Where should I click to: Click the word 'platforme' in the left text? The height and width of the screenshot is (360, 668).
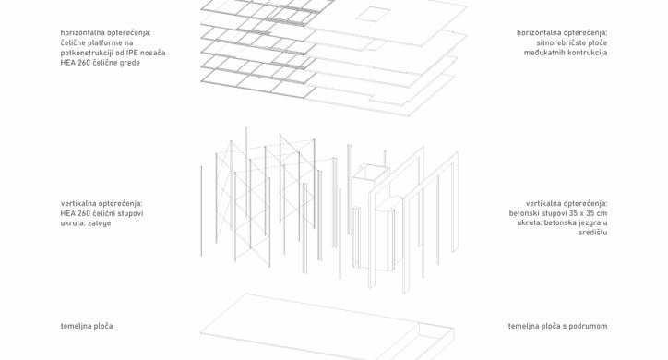click(103, 42)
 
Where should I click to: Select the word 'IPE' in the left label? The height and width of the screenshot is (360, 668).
click(133, 53)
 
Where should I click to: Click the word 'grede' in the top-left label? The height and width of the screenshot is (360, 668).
click(130, 63)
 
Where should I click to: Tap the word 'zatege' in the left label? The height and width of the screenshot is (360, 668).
click(100, 223)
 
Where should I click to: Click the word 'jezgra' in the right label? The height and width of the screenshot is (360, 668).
click(589, 223)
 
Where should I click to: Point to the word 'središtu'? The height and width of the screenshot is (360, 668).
click(592, 233)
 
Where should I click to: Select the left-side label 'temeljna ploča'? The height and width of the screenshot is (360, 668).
click(87, 327)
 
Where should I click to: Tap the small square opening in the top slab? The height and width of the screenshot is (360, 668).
click(373, 13)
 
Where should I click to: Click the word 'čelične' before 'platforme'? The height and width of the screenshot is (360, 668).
click(73, 42)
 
